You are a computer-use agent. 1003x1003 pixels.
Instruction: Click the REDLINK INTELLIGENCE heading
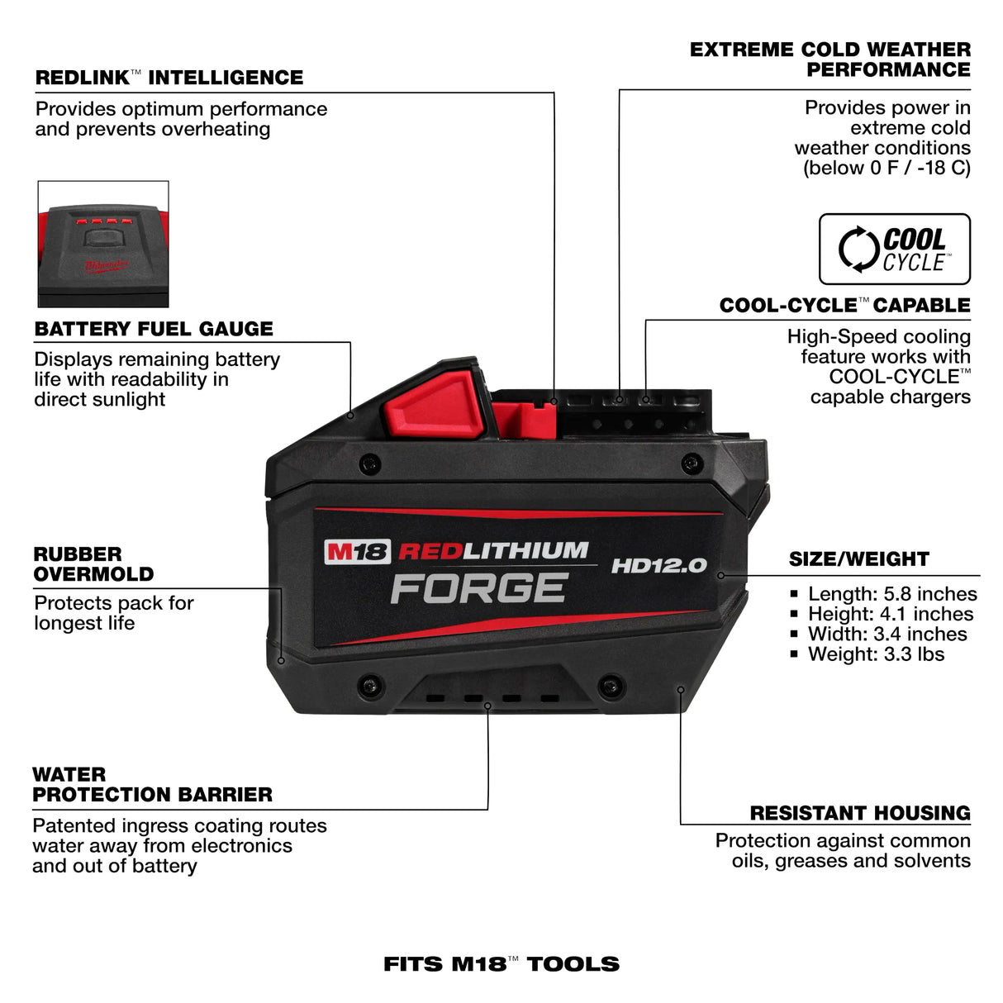pos(169,78)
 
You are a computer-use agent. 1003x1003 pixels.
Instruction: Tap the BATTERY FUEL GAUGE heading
pos(154,329)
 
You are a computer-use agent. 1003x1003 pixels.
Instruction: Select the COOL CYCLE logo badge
pos(894,250)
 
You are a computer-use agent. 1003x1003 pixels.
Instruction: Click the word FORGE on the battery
pos(478,587)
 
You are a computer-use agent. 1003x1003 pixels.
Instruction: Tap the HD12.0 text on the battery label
pos(658,566)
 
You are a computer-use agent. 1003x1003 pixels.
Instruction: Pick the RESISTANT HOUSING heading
pos(859,813)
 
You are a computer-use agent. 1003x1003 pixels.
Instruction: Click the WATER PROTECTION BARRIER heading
pos(152,785)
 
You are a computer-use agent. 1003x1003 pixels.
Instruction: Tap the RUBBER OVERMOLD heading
pos(93,564)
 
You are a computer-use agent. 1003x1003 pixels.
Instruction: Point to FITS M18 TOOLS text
pos(501,964)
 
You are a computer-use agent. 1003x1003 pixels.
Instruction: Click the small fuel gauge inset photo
pos(103,245)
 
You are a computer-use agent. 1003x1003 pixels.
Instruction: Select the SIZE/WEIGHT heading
pos(858,559)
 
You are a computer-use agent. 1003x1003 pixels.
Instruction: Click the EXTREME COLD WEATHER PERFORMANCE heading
pos(830,59)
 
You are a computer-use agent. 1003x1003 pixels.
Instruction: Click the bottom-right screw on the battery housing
pos(610,684)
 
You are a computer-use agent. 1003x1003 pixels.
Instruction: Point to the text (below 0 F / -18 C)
pos(887,168)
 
